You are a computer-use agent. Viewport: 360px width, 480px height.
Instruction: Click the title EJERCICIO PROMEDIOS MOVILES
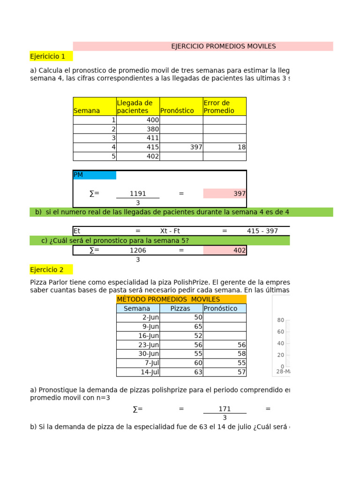click(223, 46)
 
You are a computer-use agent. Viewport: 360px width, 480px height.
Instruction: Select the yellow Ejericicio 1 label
click(48, 56)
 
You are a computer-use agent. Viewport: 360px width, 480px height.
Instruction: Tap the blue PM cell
click(95, 175)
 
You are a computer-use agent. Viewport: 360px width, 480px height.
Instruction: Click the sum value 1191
click(138, 193)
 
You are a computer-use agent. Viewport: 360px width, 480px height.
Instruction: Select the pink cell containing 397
click(225, 193)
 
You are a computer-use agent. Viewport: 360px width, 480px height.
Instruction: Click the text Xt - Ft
click(170, 231)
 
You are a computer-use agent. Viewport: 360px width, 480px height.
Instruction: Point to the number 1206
click(138, 250)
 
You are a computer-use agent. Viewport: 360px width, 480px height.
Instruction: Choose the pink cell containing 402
click(225, 250)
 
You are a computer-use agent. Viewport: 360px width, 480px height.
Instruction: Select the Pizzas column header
click(180, 308)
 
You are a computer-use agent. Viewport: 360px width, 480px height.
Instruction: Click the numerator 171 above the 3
click(225, 409)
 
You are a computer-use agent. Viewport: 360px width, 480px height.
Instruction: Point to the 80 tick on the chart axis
click(281, 320)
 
